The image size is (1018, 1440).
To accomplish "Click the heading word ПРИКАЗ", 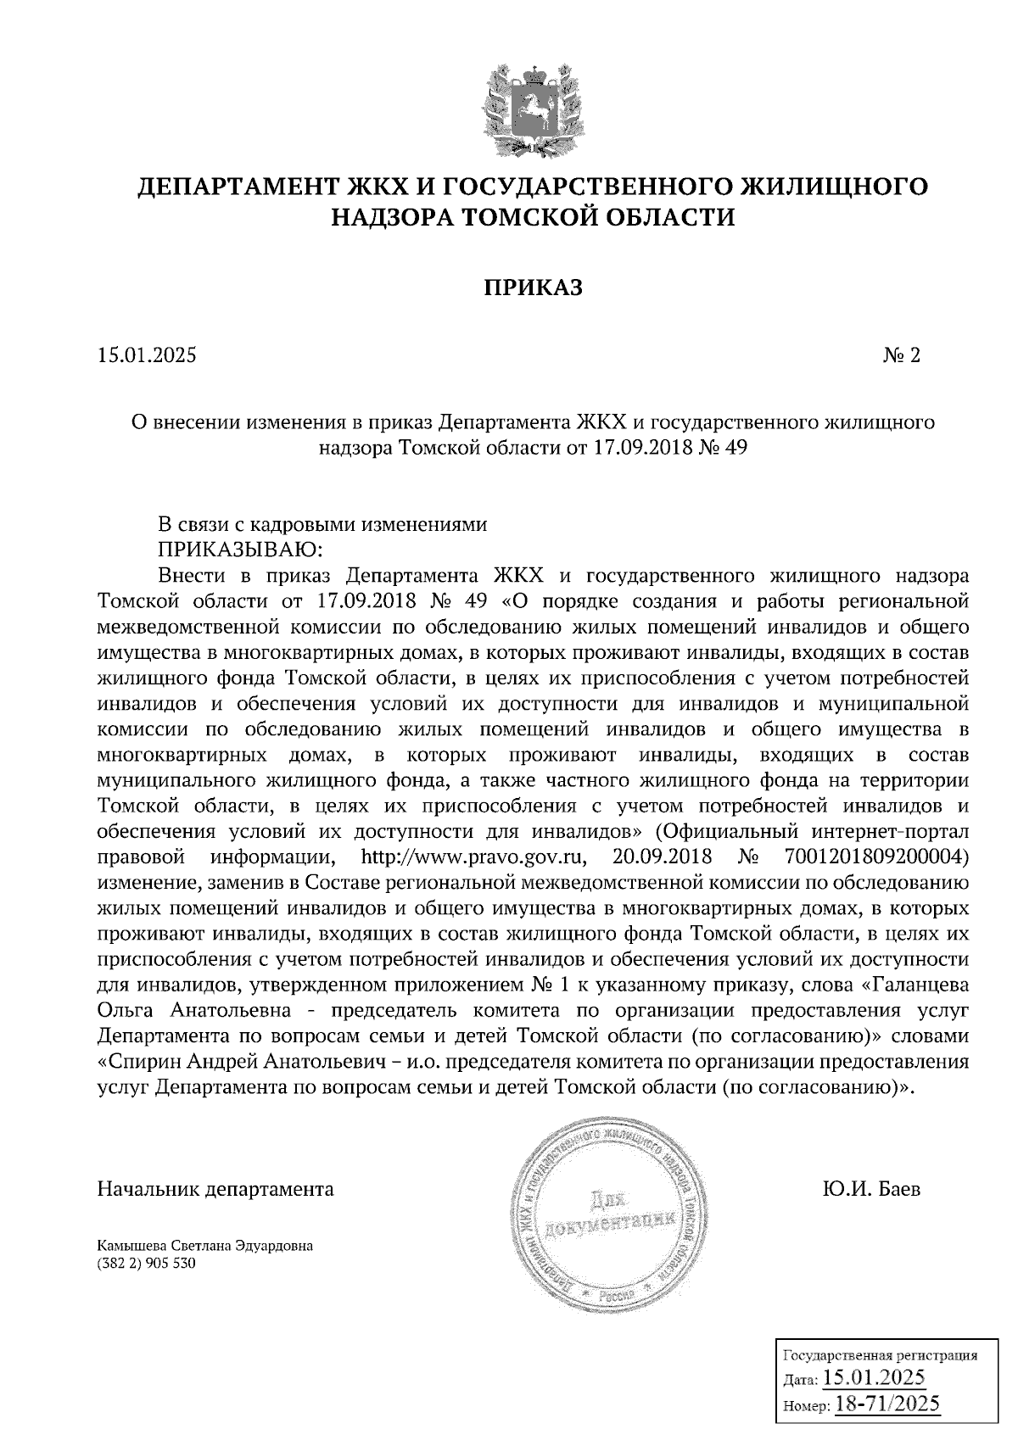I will (x=534, y=288).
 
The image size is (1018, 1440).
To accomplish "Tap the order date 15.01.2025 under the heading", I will (x=147, y=355).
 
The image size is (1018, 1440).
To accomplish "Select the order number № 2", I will (x=902, y=355).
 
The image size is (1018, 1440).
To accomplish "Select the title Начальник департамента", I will (x=216, y=1189).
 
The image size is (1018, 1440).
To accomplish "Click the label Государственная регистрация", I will (x=879, y=1355).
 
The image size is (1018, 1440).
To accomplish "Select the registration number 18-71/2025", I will (x=888, y=1404).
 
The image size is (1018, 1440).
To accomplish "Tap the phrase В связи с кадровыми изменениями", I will (x=323, y=524).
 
